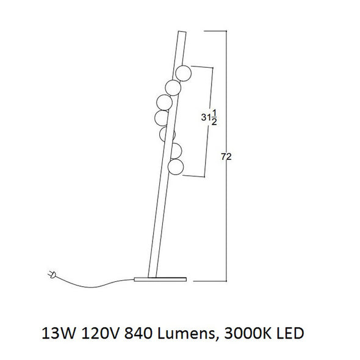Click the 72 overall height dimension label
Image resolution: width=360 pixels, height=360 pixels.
click(226, 157)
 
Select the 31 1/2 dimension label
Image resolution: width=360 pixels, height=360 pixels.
click(209, 118)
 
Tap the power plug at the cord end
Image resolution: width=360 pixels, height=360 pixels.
click(52, 275)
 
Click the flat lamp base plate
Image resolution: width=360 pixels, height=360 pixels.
click(160, 279)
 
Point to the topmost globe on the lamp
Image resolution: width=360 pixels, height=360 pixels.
click(183, 73)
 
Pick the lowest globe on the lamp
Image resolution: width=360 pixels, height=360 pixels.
click(176, 167)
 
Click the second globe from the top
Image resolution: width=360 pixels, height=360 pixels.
click(173, 88)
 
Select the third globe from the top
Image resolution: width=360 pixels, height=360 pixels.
click(164, 103)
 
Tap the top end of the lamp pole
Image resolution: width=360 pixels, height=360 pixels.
click(182, 32)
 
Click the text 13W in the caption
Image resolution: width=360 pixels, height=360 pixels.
click(59, 333)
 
